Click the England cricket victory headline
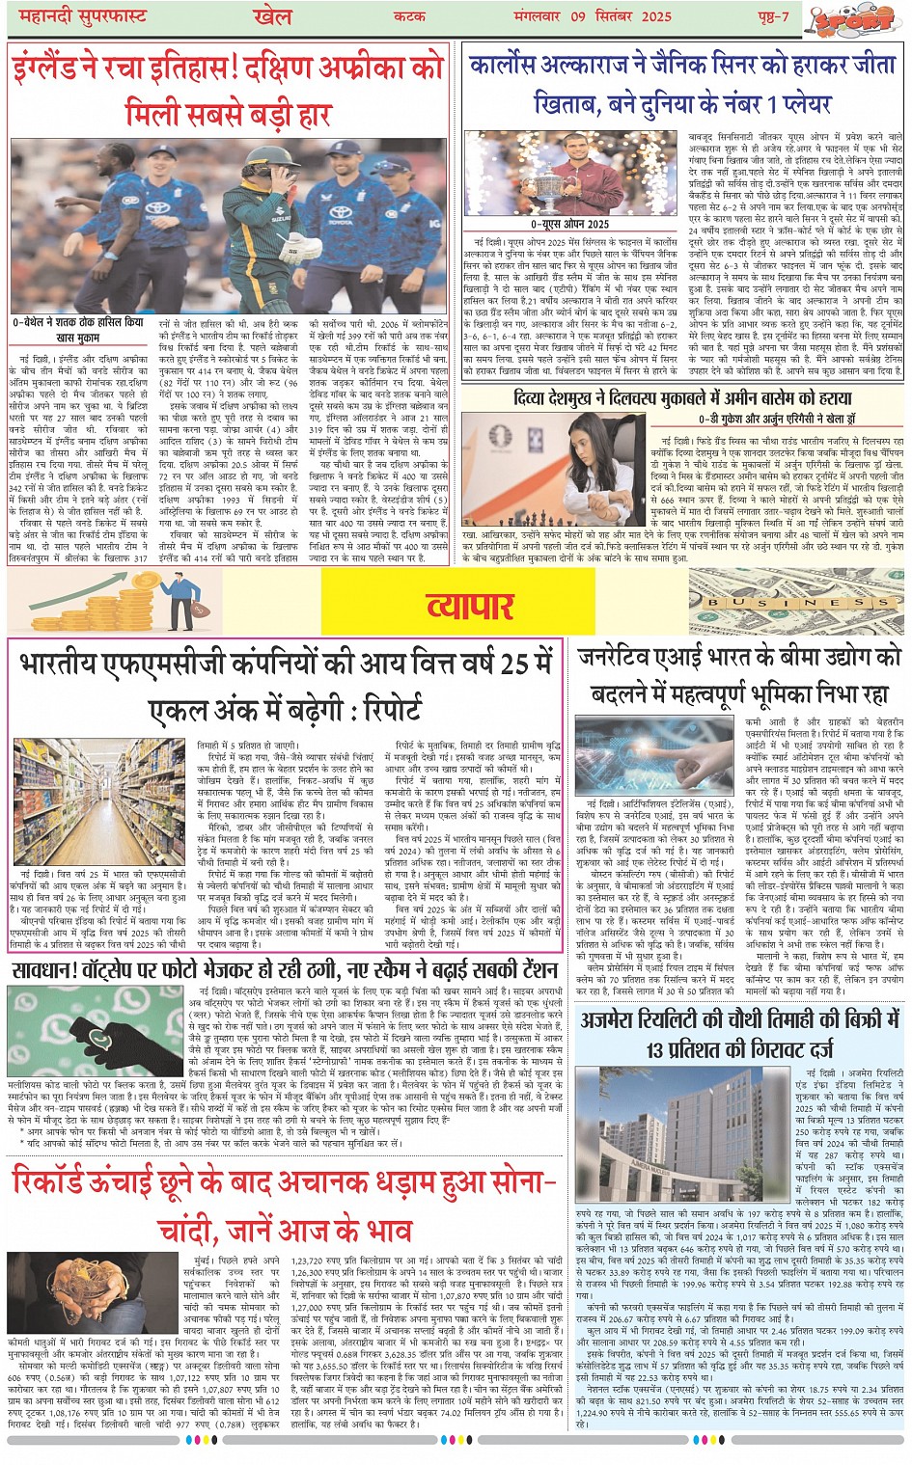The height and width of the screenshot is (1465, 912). coord(228,90)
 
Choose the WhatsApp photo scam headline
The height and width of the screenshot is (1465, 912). coord(285,968)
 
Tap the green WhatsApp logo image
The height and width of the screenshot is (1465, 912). coord(97,1031)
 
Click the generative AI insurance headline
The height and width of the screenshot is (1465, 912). coord(739,675)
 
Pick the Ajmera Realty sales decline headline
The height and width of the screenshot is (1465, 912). coord(739,1034)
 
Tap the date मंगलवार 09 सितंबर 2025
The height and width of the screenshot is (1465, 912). coord(599,16)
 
